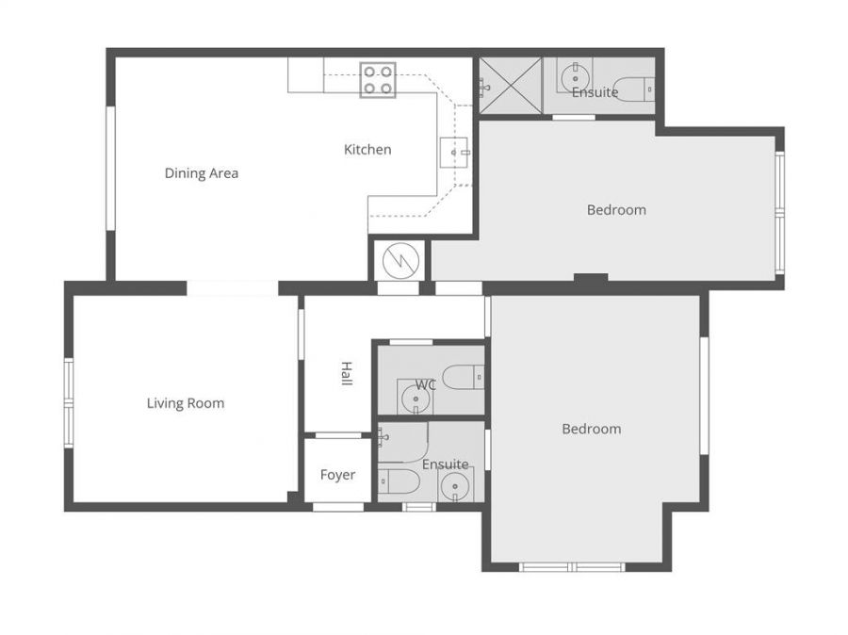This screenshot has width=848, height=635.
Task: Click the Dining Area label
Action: point(202,173)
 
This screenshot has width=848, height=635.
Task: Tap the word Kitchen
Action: point(367,149)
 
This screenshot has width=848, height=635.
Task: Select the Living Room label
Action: point(186,403)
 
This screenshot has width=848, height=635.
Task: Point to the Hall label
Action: point(347,373)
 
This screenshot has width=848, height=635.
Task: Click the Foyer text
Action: point(337,475)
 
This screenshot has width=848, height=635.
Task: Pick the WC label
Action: point(426,384)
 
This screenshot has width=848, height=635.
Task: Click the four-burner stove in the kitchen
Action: point(378,80)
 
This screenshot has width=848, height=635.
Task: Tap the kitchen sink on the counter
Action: point(453,153)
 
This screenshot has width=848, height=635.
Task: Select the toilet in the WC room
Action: point(463,377)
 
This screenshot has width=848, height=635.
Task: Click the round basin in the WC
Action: point(416,399)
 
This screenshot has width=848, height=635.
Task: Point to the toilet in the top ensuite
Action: point(635,90)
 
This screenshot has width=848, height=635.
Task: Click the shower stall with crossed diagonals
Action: point(510,86)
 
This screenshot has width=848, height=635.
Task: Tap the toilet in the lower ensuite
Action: point(399,481)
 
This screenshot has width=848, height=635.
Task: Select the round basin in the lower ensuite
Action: point(454,486)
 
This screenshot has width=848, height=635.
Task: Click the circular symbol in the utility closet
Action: point(400,261)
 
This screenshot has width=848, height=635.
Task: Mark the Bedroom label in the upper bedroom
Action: point(616,210)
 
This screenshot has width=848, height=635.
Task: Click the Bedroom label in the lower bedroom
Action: point(592,429)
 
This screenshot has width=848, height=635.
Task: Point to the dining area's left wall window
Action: point(110,168)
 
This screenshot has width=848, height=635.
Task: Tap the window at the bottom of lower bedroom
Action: point(572,567)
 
